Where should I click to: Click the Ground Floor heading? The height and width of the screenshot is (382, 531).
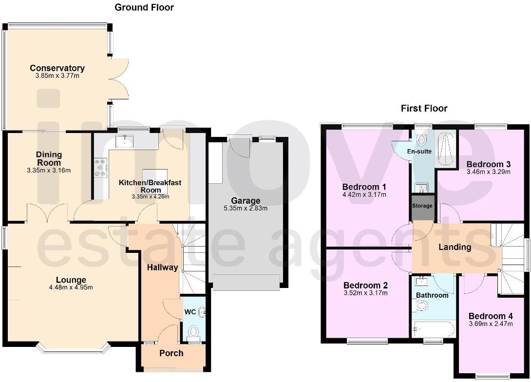pos(144,7)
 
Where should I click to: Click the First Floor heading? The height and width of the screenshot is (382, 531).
pos(423,108)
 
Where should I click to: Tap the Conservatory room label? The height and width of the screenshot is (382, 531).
pos(57,68)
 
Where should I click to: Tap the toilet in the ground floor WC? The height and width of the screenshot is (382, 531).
pos(193,332)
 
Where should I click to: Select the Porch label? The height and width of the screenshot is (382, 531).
pos(171,353)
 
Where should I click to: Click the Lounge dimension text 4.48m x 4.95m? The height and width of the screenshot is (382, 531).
pos(71,287)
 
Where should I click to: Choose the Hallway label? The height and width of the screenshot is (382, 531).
pos(162,267)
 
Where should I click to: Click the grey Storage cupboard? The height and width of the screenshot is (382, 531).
pos(422,207)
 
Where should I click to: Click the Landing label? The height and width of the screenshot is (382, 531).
pos(455,247)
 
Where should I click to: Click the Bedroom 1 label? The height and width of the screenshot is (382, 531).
pos(364,187)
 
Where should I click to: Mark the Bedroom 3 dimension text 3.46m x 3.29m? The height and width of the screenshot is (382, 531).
pos(488,172)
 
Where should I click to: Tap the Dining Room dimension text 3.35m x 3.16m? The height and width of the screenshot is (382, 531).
pos(49,170)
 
